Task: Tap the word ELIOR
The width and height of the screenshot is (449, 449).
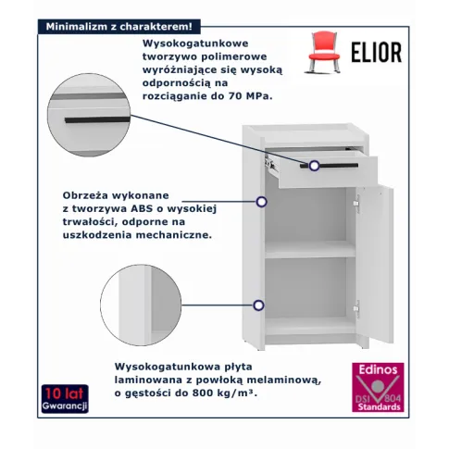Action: point(377,53)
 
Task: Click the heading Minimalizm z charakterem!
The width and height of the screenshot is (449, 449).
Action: point(118,27)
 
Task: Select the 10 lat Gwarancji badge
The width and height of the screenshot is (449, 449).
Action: point(65,399)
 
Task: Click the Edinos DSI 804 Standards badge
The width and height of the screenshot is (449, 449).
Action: point(378,387)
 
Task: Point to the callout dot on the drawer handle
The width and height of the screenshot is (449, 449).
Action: point(315,166)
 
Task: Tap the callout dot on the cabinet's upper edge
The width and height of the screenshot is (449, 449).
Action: point(262,202)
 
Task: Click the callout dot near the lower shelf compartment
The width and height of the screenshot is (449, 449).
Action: point(258,306)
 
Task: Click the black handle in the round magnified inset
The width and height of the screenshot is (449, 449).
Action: point(97,119)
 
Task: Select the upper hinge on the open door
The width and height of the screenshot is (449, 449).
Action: point(356,204)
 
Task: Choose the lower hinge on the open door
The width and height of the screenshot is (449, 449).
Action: point(356,308)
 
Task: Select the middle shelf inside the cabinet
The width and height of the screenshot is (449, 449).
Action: point(309,249)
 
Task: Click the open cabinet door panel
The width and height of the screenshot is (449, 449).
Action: point(375,265)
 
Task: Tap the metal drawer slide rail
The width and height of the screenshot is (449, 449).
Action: point(270,162)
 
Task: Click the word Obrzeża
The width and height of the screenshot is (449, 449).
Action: point(84,195)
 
